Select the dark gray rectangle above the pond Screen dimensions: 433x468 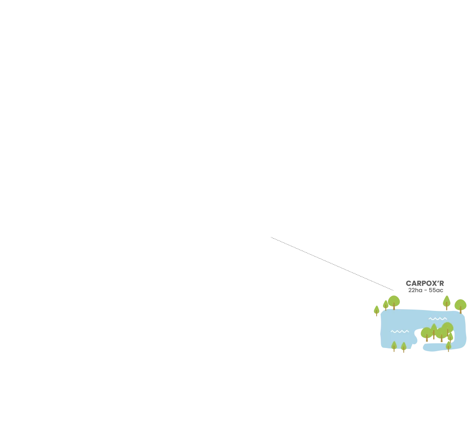pos(425,285)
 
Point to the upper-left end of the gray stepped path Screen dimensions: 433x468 pos(272,237)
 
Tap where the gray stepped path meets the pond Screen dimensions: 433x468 pos(393,293)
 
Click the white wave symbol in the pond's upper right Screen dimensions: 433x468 pos(437,319)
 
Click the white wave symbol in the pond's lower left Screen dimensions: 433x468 pos(399,331)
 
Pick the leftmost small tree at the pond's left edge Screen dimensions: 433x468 pos(377,310)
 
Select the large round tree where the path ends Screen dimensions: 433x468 pos(394,301)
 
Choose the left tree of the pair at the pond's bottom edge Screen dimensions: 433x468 pos(394,347)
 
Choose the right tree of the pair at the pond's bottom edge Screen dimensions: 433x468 pos(404,347)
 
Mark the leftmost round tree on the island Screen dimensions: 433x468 pos(426,333)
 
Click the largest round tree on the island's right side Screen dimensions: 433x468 pos(447,328)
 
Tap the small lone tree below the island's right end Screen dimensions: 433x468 pos(448,346)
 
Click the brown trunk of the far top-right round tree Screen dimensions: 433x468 pos(460,310)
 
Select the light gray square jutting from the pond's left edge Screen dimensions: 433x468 pos(378,335)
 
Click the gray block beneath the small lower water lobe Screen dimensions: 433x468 pos(432,353)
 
